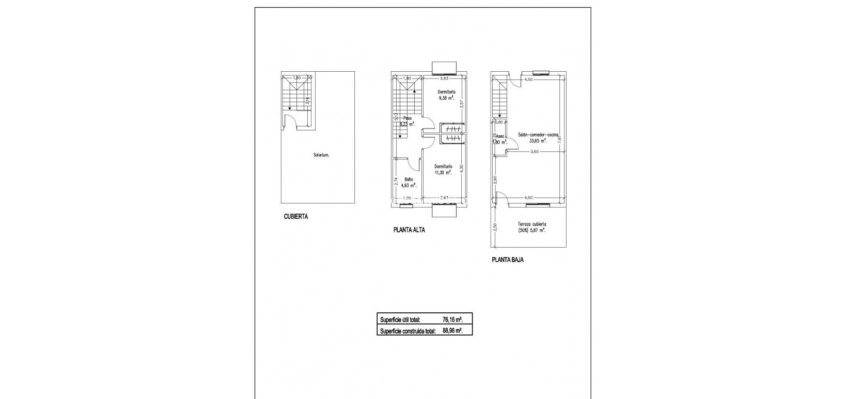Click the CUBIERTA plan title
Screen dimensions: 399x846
pyautogui.click(x=295, y=217)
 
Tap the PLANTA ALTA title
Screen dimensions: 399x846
pyautogui.click(x=409, y=230)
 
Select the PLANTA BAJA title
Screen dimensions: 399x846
pyautogui.click(x=507, y=260)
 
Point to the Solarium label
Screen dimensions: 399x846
pyautogui.click(x=321, y=155)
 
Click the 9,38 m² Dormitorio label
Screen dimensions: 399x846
pyautogui.click(x=446, y=94)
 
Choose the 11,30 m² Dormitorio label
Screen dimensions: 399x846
pyautogui.click(x=443, y=170)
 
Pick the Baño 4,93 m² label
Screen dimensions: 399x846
pyautogui.click(x=409, y=182)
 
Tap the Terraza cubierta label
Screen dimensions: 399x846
pyautogui.click(x=532, y=227)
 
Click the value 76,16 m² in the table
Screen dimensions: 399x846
pyautogui.click(x=452, y=320)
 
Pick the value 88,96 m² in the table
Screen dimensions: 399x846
pyautogui.click(x=452, y=331)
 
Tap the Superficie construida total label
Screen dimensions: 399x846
pyautogui.click(x=408, y=331)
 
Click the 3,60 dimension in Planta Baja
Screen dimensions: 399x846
pyautogui.click(x=535, y=151)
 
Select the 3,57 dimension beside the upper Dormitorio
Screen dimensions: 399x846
pyautogui.click(x=462, y=103)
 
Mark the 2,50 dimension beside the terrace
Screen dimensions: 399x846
pyautogui.click(x=495, y=227)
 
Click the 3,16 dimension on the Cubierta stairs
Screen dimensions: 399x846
pyautogui.click(x=307, y=101)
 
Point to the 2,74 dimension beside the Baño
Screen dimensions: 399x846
pyautogui.click(x=396, y=182)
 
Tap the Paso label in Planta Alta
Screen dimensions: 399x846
pyautogui.click(x=408, y=118)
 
